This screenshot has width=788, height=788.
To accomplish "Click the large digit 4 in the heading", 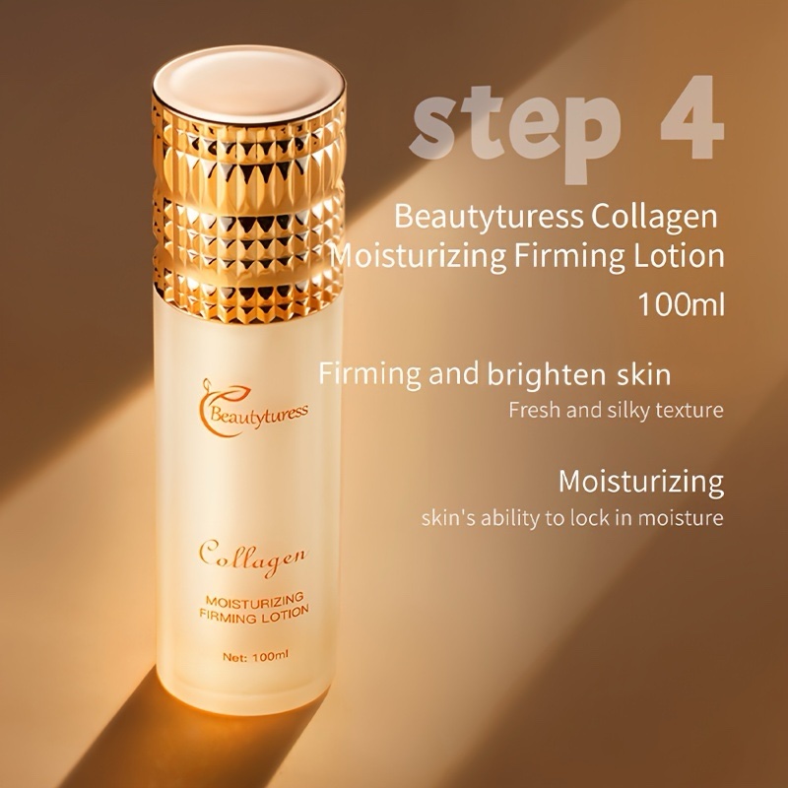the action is (x=692, y=118).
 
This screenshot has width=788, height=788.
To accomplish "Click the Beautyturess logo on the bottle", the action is (x=252, y=408).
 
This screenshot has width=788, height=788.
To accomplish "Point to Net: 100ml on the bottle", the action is (x=255, y=656).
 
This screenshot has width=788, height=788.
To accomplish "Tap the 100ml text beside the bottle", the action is (x=681, y=304).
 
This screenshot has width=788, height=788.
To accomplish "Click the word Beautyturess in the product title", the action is (x=489, y=217).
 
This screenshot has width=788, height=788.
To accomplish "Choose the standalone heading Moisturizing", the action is (x=641, y=482).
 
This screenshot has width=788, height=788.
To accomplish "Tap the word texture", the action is (x=690, y=410).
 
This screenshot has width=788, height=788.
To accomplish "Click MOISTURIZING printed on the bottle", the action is (x=254, y=599).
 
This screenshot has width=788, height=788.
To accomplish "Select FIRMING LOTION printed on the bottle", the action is (x=254, y=614).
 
